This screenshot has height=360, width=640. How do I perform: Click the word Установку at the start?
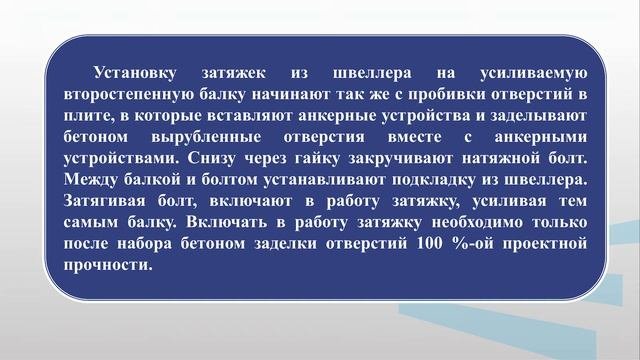point(133,73)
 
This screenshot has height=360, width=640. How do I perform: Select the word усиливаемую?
point(531,73)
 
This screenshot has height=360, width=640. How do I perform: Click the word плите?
point(84,116)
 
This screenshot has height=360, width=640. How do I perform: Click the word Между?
point(92,180)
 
